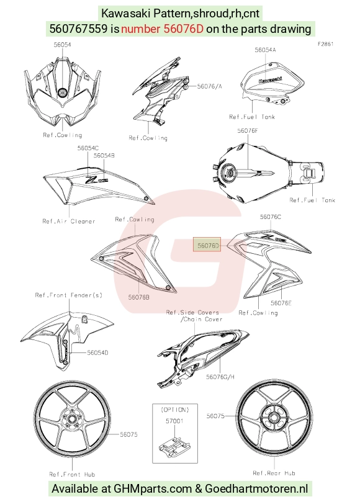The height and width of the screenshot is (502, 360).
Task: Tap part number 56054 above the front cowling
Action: [62, 45]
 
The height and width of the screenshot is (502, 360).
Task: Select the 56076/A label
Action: [209, 86]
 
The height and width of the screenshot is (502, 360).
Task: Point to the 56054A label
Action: [265, 50]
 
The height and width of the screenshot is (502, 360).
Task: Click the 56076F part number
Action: [248, 131]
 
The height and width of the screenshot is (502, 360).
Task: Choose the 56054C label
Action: [88, 148]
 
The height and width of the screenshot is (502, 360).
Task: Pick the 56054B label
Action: [104, 156]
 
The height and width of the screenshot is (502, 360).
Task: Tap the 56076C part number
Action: [271, 217]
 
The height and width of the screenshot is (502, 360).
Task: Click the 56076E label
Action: [281, 303]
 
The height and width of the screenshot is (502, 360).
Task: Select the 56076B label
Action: [138, 297]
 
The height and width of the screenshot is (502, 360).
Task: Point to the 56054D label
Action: [97, 352]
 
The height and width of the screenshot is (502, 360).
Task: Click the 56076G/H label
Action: [220, 377]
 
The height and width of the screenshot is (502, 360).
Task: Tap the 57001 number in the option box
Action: [174, 421]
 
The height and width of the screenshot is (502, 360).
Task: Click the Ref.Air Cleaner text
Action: [69, 222]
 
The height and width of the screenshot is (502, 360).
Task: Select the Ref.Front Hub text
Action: [72, 474]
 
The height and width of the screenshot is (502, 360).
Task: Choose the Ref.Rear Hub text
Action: [274, 473]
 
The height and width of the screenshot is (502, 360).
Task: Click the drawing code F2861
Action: [326, 44]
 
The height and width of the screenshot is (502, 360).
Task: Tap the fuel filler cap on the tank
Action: [229, 172]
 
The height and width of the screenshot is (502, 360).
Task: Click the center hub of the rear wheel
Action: [274, 417]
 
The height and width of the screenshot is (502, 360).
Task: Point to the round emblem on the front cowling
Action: [62, 92]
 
